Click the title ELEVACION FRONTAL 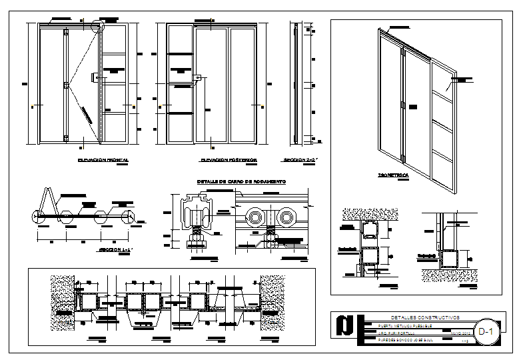[103, 161]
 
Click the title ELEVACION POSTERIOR [229, 161]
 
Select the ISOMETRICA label [393, 175]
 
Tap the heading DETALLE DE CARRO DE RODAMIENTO [241, 181]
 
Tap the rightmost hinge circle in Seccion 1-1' [131, 216]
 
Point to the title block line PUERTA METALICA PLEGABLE [400, 326]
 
